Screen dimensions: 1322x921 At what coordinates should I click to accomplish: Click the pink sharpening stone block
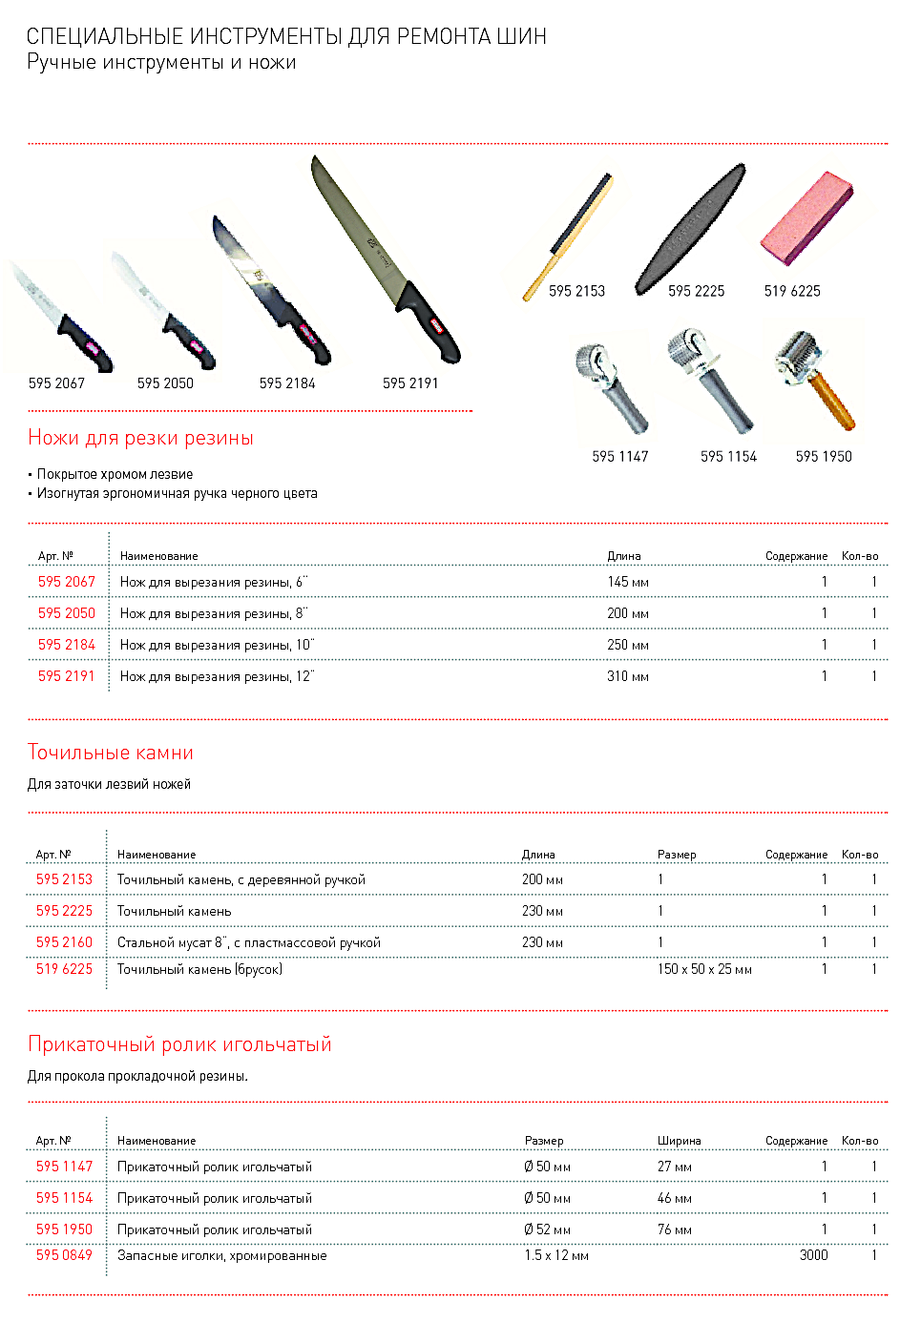[806, 218]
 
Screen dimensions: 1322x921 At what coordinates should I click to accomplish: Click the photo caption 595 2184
[287, 383]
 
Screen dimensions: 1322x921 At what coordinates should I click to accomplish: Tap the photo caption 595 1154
[728, 457]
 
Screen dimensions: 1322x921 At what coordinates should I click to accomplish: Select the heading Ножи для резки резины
[140, 438]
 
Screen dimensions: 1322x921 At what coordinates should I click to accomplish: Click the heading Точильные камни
[111, 753]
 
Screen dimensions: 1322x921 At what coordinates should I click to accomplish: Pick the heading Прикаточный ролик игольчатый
[179, 1044]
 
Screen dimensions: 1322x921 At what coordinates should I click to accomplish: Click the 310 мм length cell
[627, 676]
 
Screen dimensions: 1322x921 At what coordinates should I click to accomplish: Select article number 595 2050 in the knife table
[67, 613]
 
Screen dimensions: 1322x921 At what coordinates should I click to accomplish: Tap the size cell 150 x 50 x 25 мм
[704, 969]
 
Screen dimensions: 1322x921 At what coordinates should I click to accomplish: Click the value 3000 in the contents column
[813, 1255]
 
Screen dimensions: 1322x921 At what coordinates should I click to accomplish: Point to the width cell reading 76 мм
[674, 1229]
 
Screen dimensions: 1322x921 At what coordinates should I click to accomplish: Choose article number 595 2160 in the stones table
[64, 942]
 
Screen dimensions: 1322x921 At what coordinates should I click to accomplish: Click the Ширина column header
[679, 1141]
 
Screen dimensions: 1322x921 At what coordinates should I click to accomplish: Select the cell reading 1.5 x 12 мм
[555, 1255]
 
